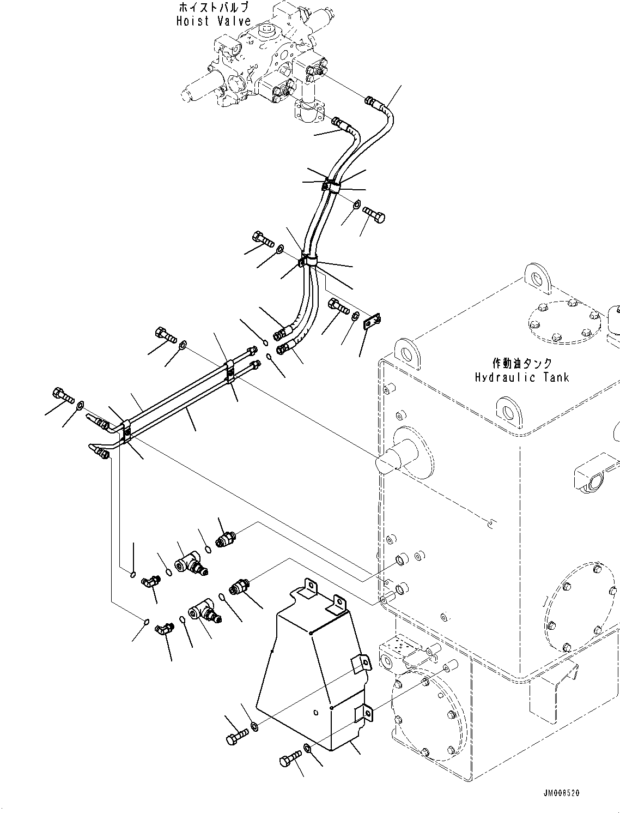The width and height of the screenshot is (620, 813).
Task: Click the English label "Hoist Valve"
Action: [214, 21]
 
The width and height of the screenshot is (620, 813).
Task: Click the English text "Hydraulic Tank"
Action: [521, 377]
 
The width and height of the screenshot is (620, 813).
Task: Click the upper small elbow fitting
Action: [149, 582]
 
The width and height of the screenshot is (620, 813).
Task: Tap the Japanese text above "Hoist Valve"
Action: [214, 8]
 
